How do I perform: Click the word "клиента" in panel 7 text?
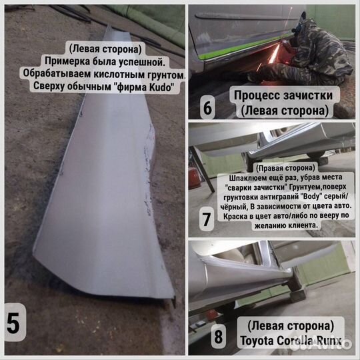pyautogui.click(x=303, y=226)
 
